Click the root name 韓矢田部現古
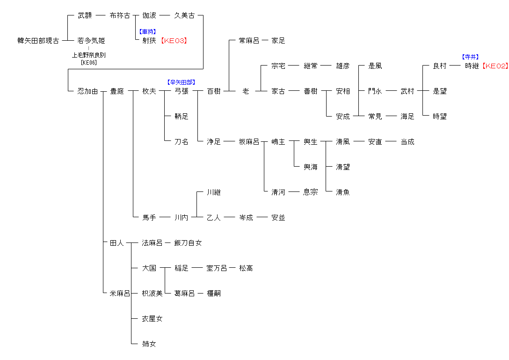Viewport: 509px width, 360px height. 38,41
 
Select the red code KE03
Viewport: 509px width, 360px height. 174,41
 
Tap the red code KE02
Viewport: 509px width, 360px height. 495,66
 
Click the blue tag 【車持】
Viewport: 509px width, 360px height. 148,32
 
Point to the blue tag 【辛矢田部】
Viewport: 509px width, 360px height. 182,82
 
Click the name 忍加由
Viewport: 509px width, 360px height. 87,91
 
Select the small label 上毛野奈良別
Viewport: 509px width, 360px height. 88,55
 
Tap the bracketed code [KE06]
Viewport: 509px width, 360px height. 88,62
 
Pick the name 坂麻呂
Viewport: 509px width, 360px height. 249,142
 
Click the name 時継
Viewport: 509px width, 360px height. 472,66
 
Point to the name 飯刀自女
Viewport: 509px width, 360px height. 188,243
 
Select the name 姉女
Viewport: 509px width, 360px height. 149,344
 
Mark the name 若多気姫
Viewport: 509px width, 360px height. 91,41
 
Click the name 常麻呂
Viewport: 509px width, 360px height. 249,41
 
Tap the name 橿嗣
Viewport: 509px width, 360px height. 214,294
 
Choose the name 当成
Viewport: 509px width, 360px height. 407,142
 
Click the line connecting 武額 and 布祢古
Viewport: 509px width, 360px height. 101,15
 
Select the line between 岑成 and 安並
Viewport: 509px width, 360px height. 262,218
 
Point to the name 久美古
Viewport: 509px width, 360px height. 184,15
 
